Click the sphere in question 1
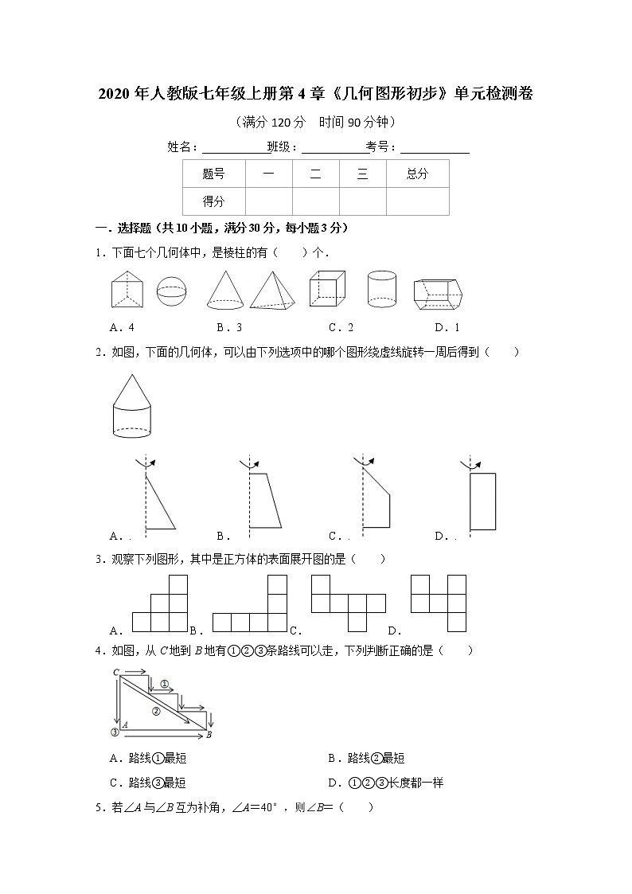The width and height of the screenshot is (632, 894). [172, 291]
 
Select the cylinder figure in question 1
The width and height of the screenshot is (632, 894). [382, 290]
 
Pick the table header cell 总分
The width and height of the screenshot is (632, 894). [417, 174]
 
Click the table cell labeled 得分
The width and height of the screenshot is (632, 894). [213, 201]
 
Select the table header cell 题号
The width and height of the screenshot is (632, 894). [213, 174]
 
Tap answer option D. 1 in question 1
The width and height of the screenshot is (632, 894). [447, 327]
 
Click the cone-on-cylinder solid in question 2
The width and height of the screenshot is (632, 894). [131, 406]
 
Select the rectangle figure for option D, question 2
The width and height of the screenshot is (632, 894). [482, 501]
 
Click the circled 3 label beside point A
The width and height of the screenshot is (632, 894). [115, 732]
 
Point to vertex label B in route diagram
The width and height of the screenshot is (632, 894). [209, 735]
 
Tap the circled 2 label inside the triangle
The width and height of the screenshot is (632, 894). [156, 711]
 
